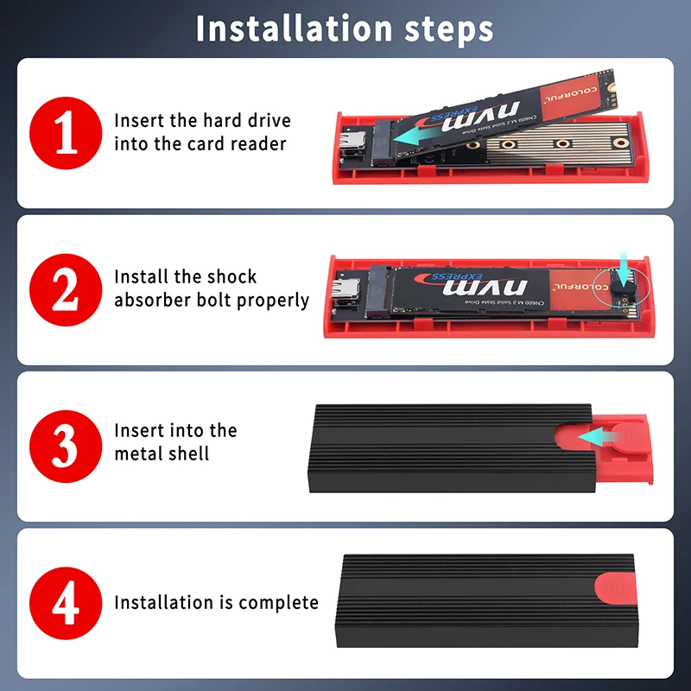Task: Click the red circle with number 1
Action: click(66, 133)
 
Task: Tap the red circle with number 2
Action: click(66, 290)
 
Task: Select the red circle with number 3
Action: click(66, 447)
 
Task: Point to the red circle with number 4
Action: click(66, 603)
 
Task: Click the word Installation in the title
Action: click(294, 29)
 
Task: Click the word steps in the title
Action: click(449, 30)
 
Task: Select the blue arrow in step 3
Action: click(599, 437)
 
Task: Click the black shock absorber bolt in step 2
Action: click(623, 290)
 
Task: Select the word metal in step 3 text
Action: click(138, 453)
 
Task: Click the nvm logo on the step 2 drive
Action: click(485, 287)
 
